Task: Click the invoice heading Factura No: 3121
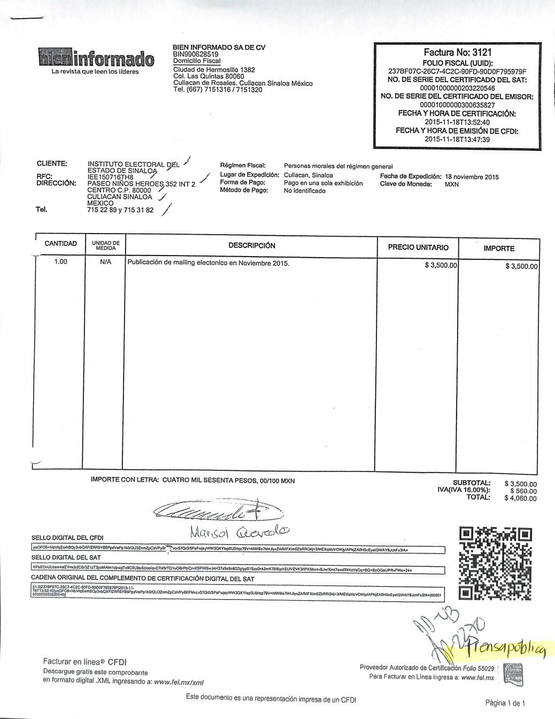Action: click(457, 52)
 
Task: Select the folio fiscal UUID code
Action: click(457, 72)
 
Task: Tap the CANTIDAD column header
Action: click(60, 244)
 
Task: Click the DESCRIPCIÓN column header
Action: click(252, 246)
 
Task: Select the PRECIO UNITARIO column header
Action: click(418, 248)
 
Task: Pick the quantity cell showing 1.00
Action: click(61, 262)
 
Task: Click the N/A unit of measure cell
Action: click(105, 262)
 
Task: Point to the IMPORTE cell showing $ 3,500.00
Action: click(521, 266)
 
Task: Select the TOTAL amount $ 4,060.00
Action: click(520, 498)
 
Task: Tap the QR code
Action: click(496, 563)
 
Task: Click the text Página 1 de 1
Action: click(505, 703)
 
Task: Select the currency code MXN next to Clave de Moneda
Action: click(452, 184)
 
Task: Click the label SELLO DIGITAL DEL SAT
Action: click(66, 558)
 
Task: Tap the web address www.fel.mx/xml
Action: click(179, 682)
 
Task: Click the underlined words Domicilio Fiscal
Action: click(197, 61)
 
